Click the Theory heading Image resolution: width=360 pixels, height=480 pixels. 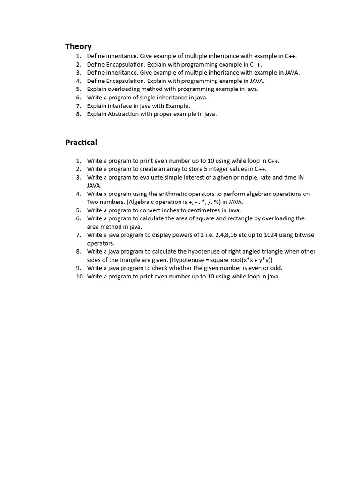pos(78,46)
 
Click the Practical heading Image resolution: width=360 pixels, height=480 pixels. pos(81,142)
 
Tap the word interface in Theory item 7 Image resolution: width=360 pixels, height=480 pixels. pos(120,106)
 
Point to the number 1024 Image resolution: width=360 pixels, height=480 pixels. pos(264,235)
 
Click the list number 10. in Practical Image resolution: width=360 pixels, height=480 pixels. pos(80,277)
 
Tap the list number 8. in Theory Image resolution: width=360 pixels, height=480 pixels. pos(78,114)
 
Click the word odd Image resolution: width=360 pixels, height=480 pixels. pos(277,268)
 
